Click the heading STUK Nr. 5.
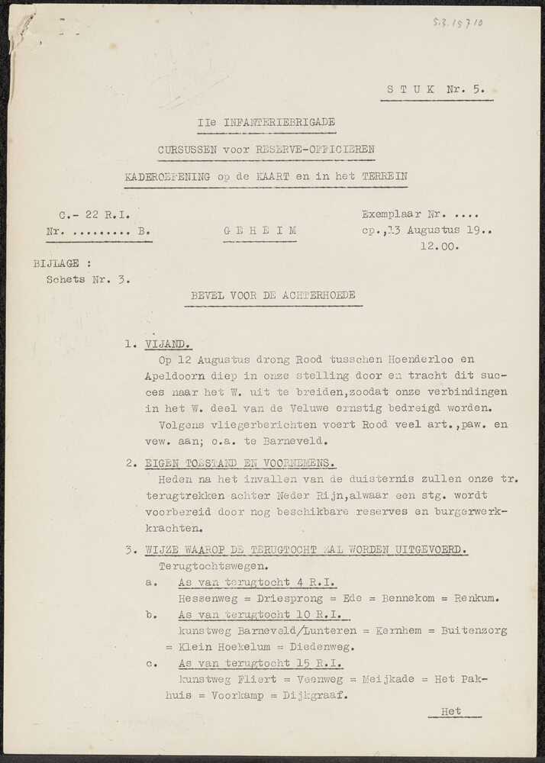click(x=436, y=89)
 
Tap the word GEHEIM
click(x=260, y=230)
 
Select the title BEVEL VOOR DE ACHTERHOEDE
click(x=272, y=295)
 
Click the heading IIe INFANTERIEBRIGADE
click(x=266, y=122)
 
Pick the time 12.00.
click(x=439, y=246)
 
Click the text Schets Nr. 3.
click(x=88, y=278)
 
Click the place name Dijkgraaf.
click(x=316, y=695)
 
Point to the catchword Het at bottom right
click(x=452, y=711)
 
